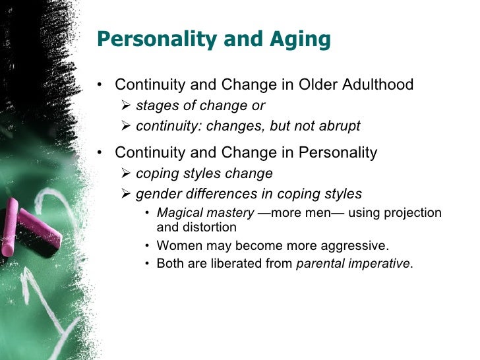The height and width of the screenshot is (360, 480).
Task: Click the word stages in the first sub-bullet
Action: pos(155,106)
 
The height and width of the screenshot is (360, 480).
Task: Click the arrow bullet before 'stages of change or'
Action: pos(127,106)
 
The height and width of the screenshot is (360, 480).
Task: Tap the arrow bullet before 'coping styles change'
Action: pos(127,174)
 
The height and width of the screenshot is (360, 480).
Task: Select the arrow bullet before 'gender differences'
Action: pos(127,194)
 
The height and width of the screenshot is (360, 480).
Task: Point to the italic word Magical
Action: pos(178,213)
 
